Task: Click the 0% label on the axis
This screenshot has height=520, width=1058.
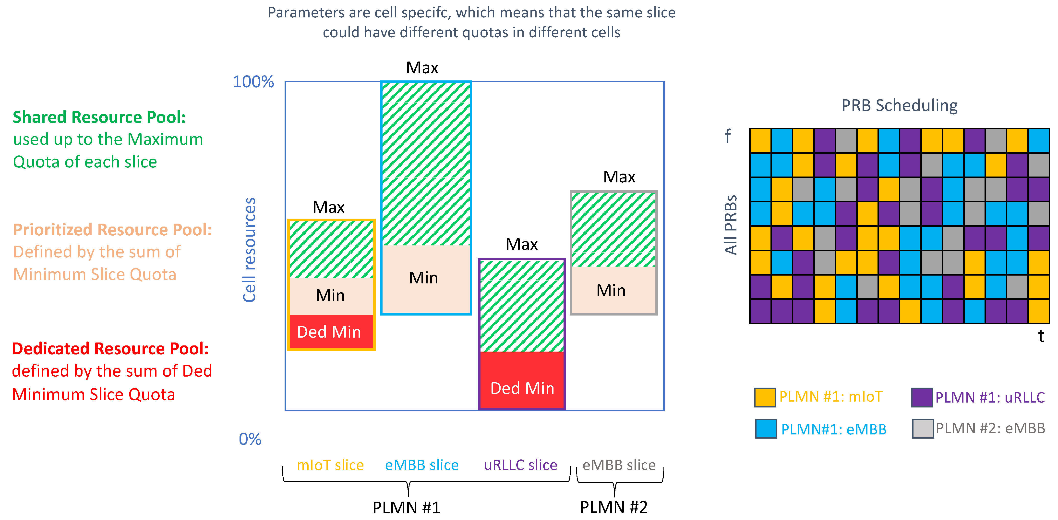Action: tap(250, 439)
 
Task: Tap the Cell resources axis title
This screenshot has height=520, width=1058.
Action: tap(249, 250)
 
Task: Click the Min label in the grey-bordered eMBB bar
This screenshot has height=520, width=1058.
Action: tap(611, 291)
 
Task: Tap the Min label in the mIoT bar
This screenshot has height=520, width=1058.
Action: tap(330, 295)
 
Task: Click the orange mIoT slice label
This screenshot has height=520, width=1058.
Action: tap(330, 465)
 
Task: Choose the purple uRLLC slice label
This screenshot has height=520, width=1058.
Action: tap(520, 465)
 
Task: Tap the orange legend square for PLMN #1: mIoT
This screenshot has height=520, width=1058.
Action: tap(765, 397)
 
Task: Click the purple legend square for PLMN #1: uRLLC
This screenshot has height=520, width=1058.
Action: tap(922, 397)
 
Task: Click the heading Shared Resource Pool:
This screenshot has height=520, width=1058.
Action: tap(99, 117)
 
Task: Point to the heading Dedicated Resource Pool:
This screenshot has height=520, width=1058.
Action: tap(110, 349)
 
